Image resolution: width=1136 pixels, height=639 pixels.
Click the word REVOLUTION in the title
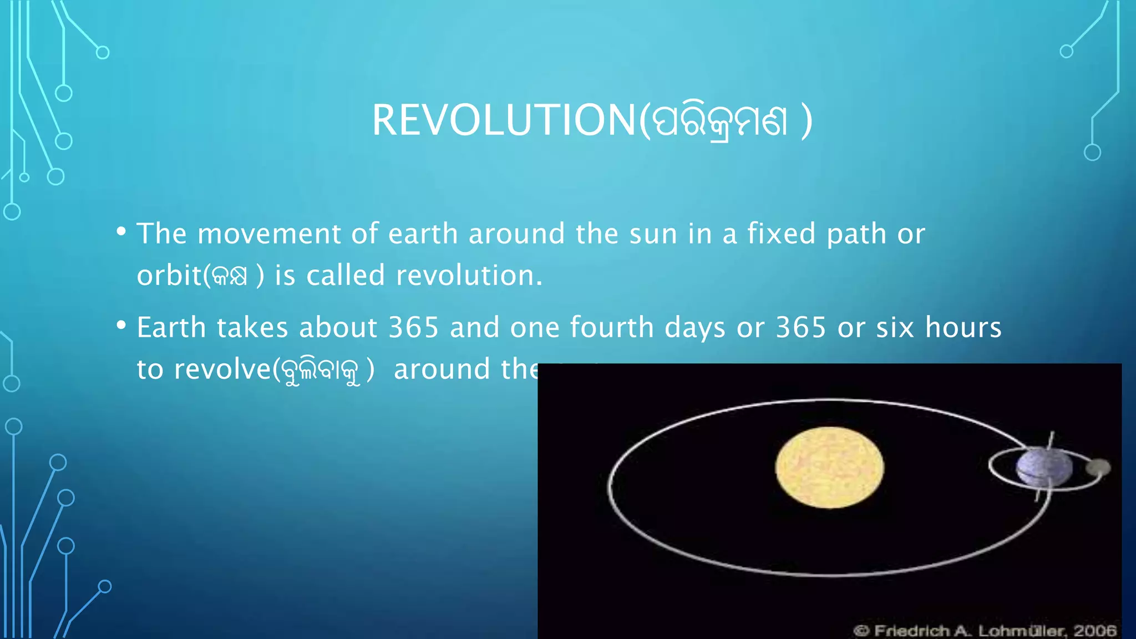pyautogui.click(x=504, y=120)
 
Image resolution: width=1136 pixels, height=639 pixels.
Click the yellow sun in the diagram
pyautogui.click(x=829, y=467)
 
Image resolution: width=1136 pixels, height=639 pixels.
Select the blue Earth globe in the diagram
pyautogui.click(x=1043, y=468)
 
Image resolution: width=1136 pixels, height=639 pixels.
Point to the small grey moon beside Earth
pyautogui.click(x=1098, y=468)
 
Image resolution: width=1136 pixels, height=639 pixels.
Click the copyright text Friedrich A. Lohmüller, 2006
pyautogui.click(x=985, y=631)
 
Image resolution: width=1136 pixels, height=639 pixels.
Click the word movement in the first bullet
pyautogui.click(x=268, y=234)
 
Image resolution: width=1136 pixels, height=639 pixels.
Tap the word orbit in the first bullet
pyautogui.click(x=169, y=276)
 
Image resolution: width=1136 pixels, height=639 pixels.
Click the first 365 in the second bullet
pyautogui.click(x=413, y=327)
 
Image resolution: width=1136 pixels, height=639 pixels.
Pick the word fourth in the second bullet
pyautogui.click(x=612, y=327)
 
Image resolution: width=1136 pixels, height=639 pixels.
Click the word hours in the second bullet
pyautogui.click(x=963, y=327)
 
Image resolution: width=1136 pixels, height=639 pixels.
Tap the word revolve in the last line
pyautogui.click(x=222, y=369)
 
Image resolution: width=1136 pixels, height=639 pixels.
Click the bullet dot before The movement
pyautogui.click(x=121, y=232)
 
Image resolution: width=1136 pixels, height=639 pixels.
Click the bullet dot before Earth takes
pyautogui.click(x=121, y=326)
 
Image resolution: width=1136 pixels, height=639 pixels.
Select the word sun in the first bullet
pyautogui.click(x=653, y=234)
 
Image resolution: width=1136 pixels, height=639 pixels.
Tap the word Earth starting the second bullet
pyautogui.click(x=171, y=327)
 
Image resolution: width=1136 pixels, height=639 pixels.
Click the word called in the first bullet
pyautogui.click(x=346, y=276)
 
